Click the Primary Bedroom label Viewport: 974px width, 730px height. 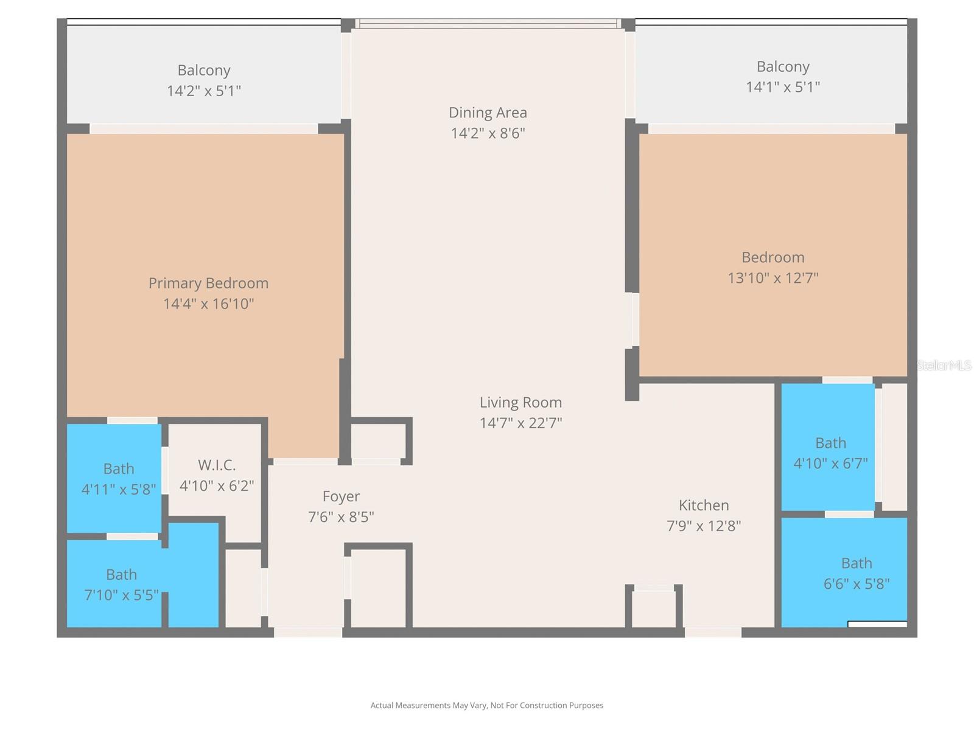(208, 283)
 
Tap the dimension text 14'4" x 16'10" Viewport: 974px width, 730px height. (208, 304)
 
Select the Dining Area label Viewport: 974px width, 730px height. (488, 113)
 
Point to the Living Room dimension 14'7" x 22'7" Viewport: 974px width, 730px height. (520, 423)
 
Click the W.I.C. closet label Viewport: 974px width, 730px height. (217, 465)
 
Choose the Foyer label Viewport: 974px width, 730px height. (341, 496)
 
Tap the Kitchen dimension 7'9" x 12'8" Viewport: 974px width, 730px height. (704, 526)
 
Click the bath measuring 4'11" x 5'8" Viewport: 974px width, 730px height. (118, 479)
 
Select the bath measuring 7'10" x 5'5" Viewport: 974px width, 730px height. (121, 585)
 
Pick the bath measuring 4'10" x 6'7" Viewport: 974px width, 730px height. (830, 453)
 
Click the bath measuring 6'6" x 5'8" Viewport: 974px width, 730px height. (856, 573)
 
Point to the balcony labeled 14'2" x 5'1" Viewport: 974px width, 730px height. (204, 80)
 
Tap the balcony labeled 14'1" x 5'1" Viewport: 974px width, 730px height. (783, 76)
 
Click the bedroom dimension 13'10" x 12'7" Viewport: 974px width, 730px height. (773, 278)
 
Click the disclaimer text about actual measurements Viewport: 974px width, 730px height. (487, 706)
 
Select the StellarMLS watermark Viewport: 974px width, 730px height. (944, 366)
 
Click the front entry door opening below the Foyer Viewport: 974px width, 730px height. (308, 633)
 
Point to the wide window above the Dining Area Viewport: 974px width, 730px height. (488, 24)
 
